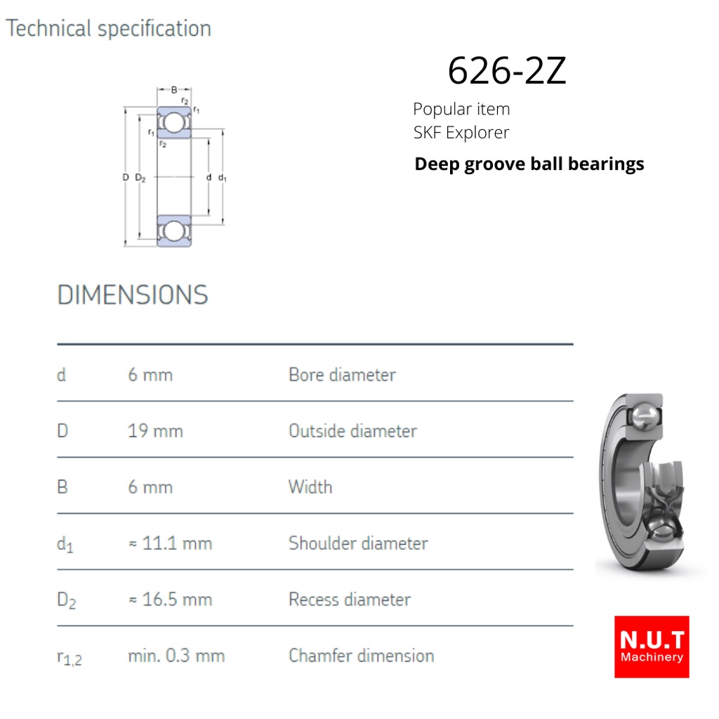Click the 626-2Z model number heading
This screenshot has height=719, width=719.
507,71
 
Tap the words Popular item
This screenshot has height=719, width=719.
461,109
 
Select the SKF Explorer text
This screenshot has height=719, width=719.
461,133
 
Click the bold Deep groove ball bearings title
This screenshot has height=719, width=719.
529,164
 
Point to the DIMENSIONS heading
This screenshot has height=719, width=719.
133,294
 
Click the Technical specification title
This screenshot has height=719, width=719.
108,28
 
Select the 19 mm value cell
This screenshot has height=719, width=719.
155,431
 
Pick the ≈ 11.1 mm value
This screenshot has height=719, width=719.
170,543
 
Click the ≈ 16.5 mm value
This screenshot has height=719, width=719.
170,600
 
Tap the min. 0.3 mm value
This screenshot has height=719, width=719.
176,656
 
